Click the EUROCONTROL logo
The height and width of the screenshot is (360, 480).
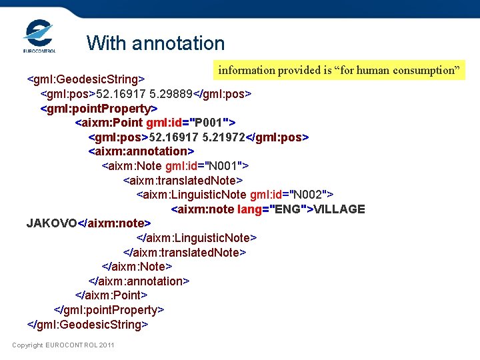(x=39, y=36)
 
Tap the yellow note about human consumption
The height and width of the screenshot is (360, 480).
(x=341, y=70)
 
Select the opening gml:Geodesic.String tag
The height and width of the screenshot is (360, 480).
(x=86, y=79)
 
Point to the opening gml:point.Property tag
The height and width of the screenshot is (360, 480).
(x=99, y=108)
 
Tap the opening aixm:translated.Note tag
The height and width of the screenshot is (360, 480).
(x=183, y=180)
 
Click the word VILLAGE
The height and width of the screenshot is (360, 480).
(x=339, y=209)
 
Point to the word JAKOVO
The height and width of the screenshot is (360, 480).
(x=52, y=223)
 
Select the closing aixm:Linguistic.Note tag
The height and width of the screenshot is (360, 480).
(x=196, y=238)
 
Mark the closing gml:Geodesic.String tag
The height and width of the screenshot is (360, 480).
(x=87, y=325)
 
